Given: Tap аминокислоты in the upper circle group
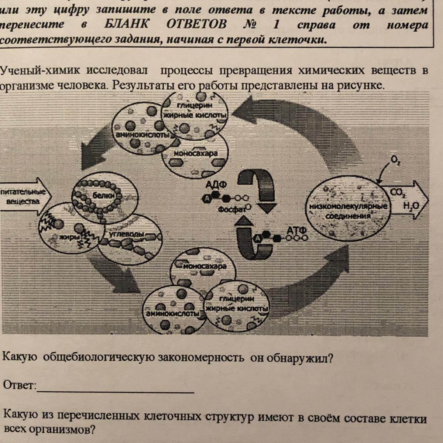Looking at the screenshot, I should (x=143, y=135).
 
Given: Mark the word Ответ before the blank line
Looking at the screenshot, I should (x=19, y=386).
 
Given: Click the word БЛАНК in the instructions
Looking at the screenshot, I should (x=127, y=25).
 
